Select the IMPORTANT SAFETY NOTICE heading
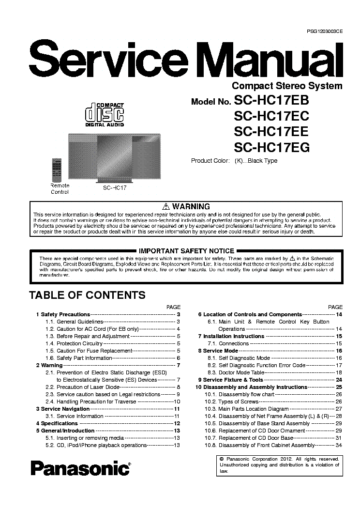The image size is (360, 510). [186, 251]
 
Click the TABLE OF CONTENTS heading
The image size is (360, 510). [87, 294]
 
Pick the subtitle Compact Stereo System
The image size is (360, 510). [287, 86]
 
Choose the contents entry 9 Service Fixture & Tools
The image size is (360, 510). [230, 380]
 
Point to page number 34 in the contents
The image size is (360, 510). [339, 445]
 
